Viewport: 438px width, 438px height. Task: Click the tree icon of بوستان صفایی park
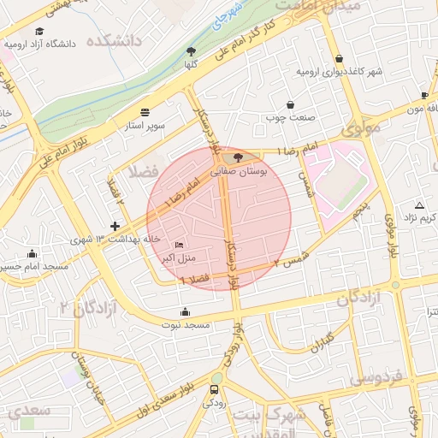(x=238, y=157)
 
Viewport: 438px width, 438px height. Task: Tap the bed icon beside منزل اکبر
(x=179, y=245)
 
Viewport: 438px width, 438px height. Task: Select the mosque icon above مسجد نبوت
(x=186, y=311)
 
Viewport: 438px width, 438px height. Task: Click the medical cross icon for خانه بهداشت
(x=115, y=225)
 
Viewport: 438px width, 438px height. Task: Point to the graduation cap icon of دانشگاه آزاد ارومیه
(x=39, y=32)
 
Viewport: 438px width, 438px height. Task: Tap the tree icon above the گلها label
(x=191, y=51)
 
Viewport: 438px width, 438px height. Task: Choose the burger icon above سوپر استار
(x=144, y=112)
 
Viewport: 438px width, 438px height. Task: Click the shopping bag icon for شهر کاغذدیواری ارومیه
(x=340, y=58)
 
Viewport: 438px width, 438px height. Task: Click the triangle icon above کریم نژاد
(x=419, y=205)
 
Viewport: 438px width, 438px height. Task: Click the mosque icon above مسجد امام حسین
(x=33, y=253)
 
